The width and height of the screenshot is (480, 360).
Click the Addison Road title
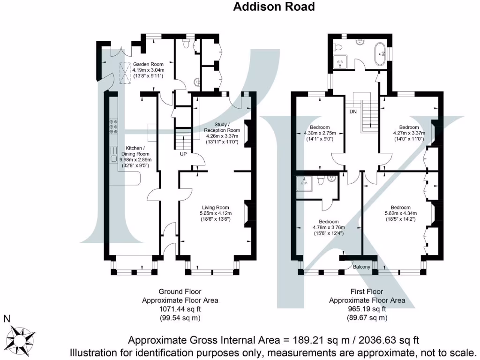point(274,7)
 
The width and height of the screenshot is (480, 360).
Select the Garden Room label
point(148,64)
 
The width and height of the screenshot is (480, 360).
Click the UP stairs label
point(183,154)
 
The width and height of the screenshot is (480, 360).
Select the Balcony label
point(361,267)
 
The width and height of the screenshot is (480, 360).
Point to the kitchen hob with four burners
point(113,127)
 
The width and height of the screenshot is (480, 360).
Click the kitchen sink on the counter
point(113,158)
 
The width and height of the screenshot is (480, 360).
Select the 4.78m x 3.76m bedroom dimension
point(329,227)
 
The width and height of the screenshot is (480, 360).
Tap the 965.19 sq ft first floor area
point(367,309)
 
